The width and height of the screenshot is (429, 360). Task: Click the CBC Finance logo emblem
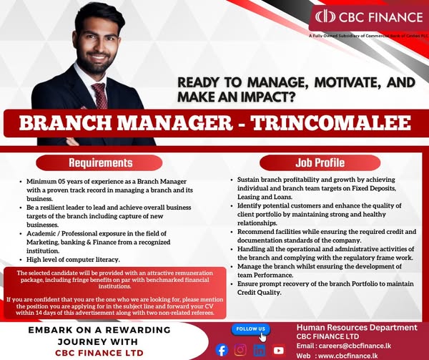pyautogui.click(x=325, y=16)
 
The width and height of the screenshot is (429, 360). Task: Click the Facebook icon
pyautogui.click(x=222, y=350)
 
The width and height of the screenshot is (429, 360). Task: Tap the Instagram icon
pyautogui.click(x=241, y=350)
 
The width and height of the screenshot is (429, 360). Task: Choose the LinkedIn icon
pyautogui.click(x=260, y=350)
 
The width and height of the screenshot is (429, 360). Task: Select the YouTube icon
pyautogui.click(x=279, y=350)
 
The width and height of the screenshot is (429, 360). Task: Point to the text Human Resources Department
pyautogui.click(x=357, y=327)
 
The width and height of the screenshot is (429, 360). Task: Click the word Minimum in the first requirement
pyautogui.click(x=44, y=183)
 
